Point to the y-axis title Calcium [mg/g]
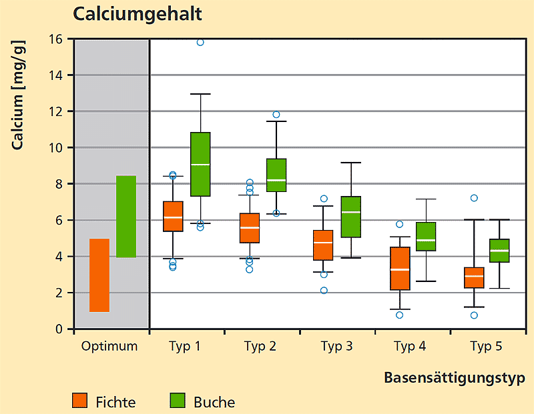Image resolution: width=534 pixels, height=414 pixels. pos(18,93)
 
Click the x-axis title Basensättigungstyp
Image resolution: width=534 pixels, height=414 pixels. pos(454,378)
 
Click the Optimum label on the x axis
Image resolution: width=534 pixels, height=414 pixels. pos(109,346)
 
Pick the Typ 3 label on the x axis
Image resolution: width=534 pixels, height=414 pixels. pos(337,346)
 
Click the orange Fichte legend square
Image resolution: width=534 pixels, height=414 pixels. pos(80,401)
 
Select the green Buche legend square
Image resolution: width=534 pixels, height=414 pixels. pos(177,401)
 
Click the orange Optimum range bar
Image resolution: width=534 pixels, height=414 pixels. pos(99,275)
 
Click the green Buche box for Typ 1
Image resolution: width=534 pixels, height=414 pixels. pos(200,164)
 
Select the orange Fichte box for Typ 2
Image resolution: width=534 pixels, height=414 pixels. pos(250,228)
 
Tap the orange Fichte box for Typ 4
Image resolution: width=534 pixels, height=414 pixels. pos(400,268)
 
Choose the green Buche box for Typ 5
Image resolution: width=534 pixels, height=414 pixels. pos(499,250)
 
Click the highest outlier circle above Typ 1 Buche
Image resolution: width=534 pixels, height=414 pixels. pos(200,42)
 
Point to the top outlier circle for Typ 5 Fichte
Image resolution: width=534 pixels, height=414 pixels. pos(474,198)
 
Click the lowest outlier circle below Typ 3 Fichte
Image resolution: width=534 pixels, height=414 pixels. pos(324,290)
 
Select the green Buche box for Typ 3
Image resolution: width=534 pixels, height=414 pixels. pos(350,217)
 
